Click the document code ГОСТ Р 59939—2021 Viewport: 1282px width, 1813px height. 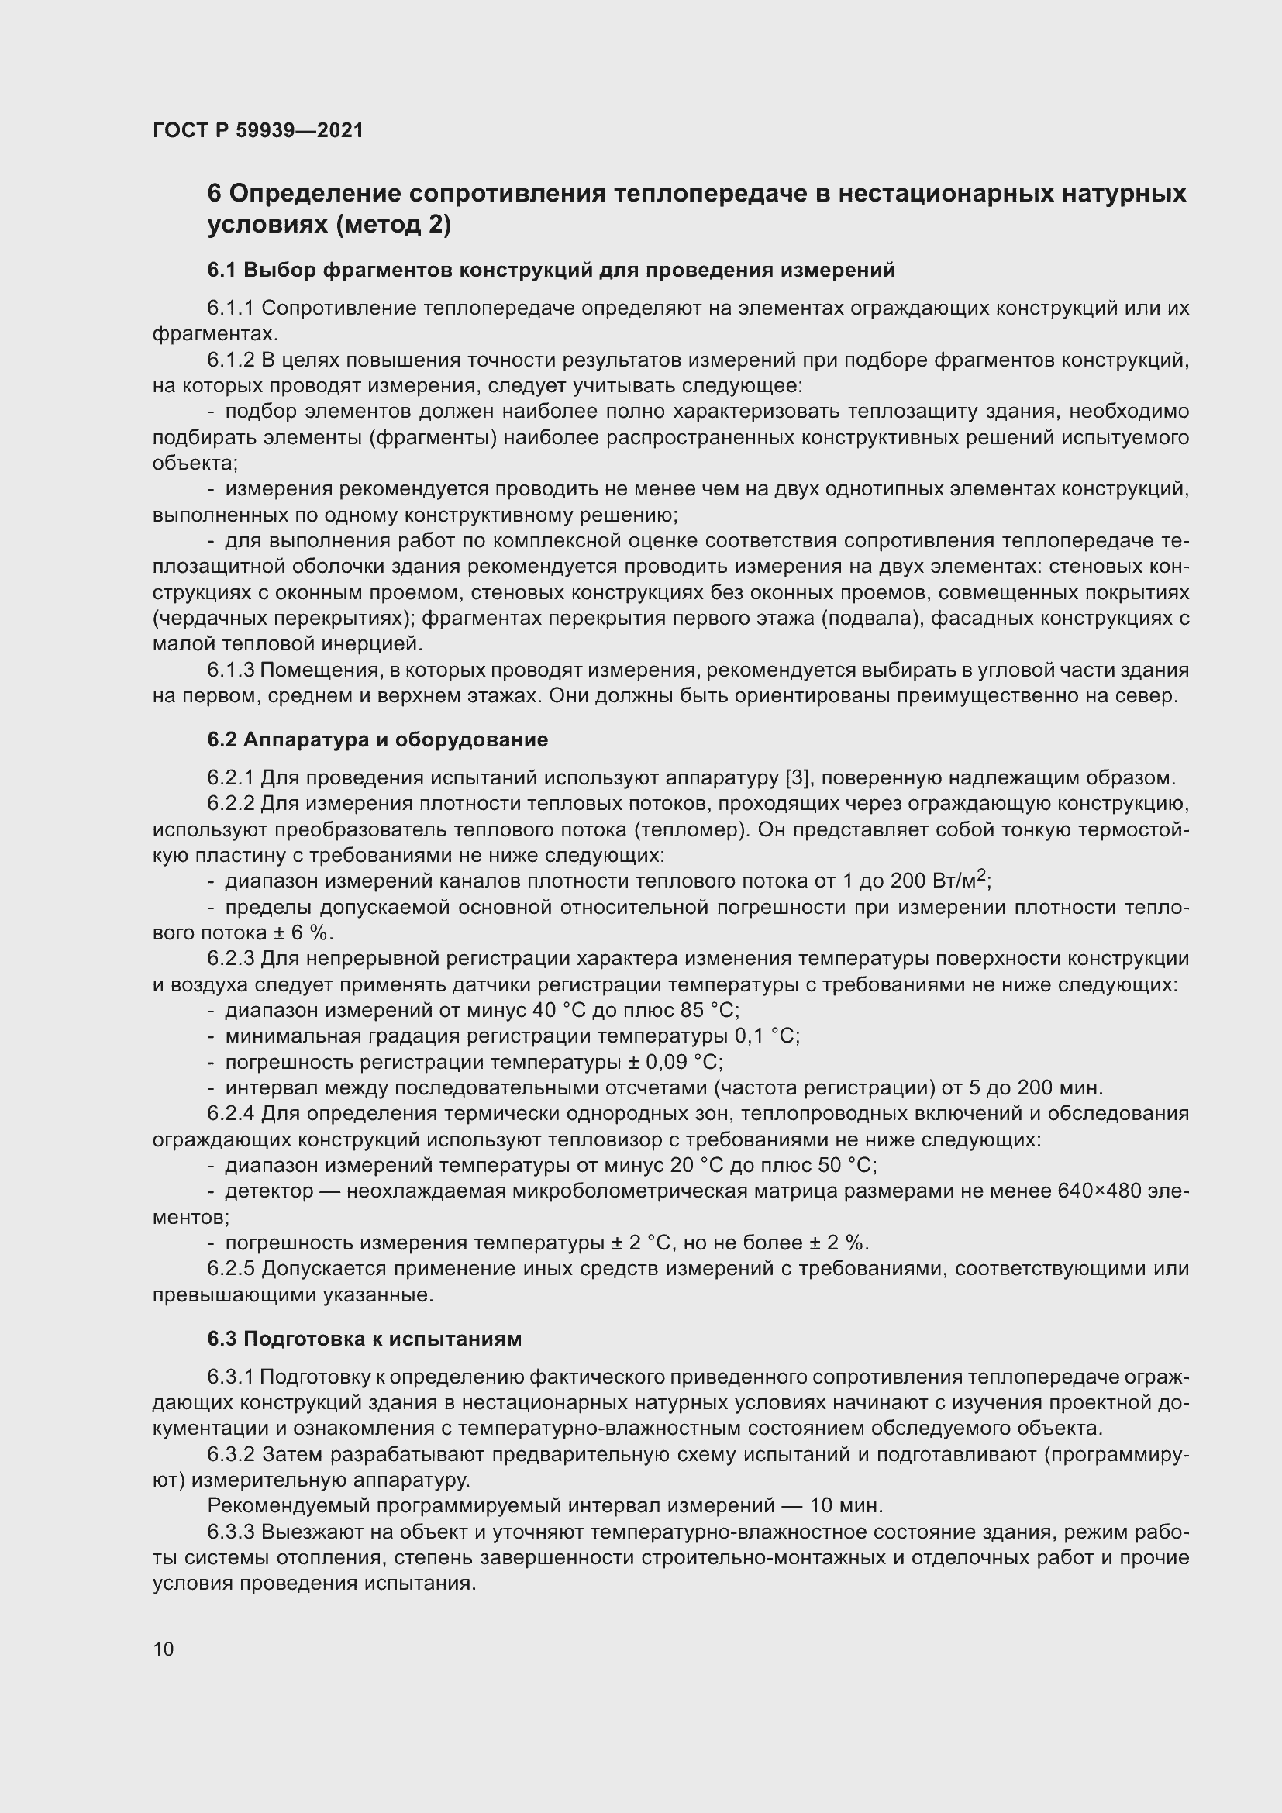tap(258, 130)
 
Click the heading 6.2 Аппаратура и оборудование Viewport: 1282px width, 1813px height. tap(377, 740)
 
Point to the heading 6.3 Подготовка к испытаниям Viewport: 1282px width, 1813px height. tap(364, 1339)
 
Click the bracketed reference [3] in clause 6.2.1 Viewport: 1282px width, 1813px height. tap(799, 777)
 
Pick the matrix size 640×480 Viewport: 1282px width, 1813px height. tap(1099, 1190)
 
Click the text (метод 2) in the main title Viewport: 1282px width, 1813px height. tap(393, 225)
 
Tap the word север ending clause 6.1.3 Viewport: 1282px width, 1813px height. tap(1148, 695)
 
